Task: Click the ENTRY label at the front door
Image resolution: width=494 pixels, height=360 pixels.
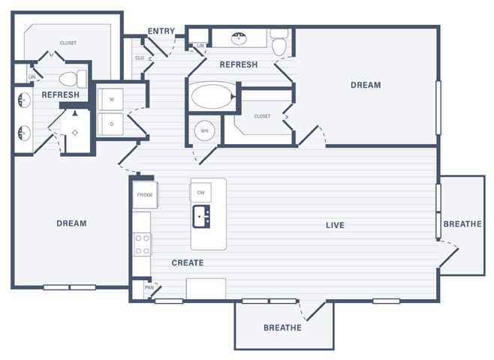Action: pos(161,31)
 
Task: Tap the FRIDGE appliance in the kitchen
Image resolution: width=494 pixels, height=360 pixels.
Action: pos(145,195)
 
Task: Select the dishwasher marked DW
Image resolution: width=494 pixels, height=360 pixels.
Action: pos(200,192)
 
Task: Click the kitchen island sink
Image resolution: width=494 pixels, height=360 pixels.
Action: pos(201,217)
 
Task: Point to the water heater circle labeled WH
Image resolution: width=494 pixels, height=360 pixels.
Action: pos(204,130)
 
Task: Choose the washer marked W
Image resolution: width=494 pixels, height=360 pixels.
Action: pos(110,100)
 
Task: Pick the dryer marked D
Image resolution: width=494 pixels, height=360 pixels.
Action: pos(110,124)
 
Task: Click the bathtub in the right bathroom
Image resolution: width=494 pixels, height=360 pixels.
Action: pos(213,97)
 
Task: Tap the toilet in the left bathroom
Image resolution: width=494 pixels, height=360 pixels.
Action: pos(73,79)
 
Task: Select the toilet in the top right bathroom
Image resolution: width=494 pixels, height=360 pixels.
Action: pos(279,43)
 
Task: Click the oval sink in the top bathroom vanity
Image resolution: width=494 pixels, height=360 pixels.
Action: pos(239,39)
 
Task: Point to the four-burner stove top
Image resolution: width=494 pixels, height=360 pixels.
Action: pos(142,244)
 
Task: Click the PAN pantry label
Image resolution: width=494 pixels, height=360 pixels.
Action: pos(149,287)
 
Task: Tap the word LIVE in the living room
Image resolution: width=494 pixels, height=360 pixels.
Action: pos(335,225)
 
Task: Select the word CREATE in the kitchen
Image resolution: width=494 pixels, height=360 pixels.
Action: pos(188,262)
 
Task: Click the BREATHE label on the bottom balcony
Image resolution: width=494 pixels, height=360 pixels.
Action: pos(282,328)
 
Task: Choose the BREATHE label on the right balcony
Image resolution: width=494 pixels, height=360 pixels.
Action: pos(462,223)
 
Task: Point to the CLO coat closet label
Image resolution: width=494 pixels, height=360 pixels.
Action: pos(139,58)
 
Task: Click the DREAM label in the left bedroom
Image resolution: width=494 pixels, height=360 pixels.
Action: pos(71,223)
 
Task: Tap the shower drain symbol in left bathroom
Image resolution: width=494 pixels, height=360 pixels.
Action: pos(75,133)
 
